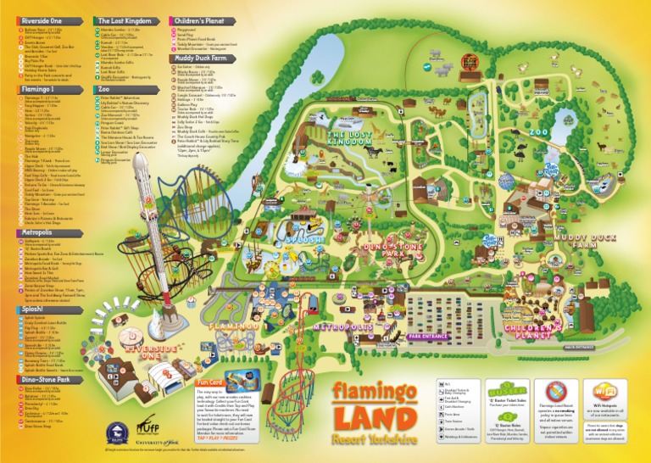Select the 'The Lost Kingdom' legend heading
pyautogui.click(x=125, y=20)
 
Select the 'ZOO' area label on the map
pyautogui.click(x=539, y=132)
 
